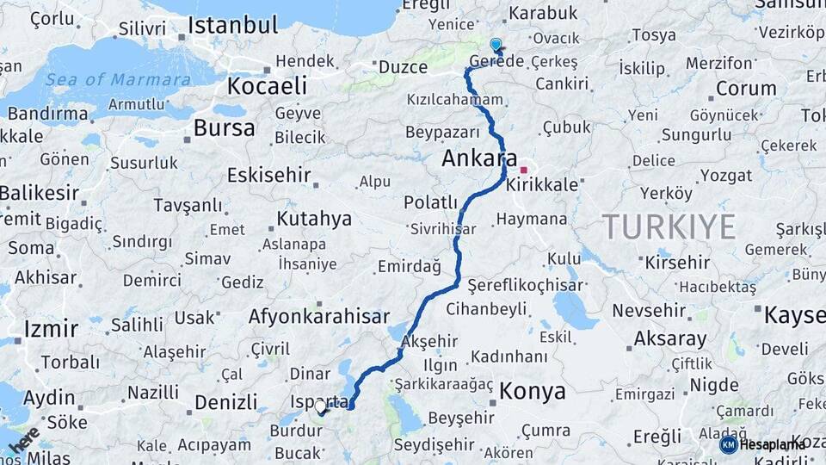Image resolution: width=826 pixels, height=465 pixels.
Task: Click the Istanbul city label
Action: pyautogui.click(x=233, y=25)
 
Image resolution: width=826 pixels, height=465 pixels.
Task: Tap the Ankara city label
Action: pyautogui.click(x=478, y=158)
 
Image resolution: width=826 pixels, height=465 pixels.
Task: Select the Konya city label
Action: pyautogui.click(x=533, y=392)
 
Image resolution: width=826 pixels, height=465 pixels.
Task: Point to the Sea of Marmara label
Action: pyautogui.click(x=119, y=80)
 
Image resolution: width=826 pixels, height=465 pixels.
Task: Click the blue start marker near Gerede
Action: pyautogui.click(x=495, y=44)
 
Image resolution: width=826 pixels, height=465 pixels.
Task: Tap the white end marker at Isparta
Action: pyautogui.click(x=320, y=406)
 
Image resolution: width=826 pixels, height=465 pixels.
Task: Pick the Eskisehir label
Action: pyautogui.click(x=268, y=176)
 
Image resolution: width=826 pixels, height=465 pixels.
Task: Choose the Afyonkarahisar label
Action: pyautogui.click(x=318, y=317)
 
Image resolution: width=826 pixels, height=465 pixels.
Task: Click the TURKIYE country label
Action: pyautogui.click(x=669, y=226)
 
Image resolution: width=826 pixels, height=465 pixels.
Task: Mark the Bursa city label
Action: pyautogui.click(x=224, y=129)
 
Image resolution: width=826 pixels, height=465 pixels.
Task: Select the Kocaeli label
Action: pyautogui.click(x=267, y=86)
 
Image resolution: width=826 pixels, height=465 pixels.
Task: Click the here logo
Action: pyautogui.click(x=23, y=439)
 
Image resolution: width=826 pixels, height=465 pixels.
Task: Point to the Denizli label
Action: pyautogui.click(x=225, y=402)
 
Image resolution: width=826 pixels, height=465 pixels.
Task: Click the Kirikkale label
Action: pyautogui.click(x=543, y=185)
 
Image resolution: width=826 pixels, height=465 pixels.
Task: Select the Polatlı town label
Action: pyautogui.click(x=430, y=202)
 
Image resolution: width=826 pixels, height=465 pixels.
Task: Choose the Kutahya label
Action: pyautogui.click(x=314, y=219)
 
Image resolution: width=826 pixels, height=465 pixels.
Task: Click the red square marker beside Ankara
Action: pyautogui.click(x=523, y=170)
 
